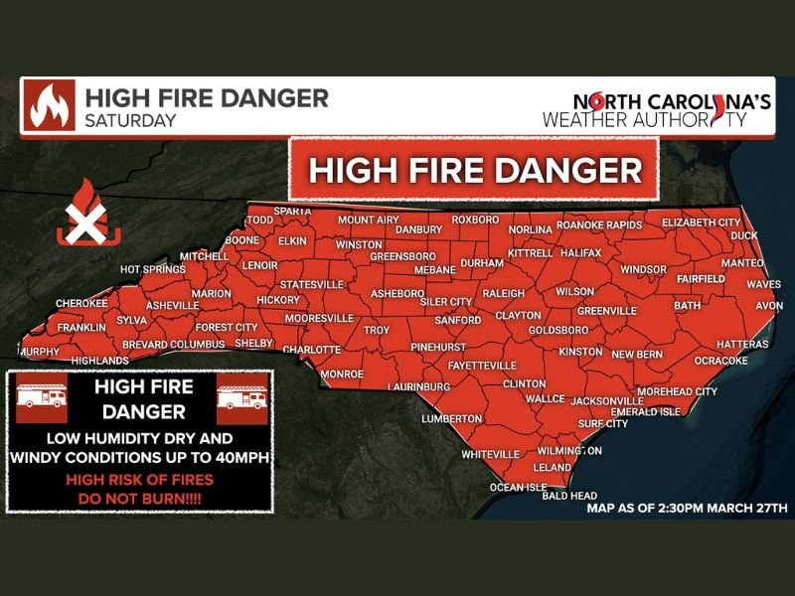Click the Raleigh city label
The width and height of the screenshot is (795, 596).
pos(503,294)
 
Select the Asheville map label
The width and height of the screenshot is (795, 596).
pos(172,305)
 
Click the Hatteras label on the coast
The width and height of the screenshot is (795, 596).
pos(742,344)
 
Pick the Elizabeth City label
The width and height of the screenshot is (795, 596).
pos(701,222)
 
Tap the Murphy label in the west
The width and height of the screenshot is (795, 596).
pos(40,352)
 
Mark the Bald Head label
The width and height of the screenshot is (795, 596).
pos(569,495)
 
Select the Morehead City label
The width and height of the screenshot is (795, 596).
pos(677,391)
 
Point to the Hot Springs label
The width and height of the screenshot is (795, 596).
pos(152,269)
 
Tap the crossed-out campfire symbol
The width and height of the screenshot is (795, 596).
pos(88,216)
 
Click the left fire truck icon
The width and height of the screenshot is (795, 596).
pos(42,397)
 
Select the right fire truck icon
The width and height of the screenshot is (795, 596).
pos(242,397)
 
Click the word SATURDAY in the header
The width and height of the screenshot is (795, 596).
pos(130,121)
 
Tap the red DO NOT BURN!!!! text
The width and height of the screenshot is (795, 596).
pos(139,495)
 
